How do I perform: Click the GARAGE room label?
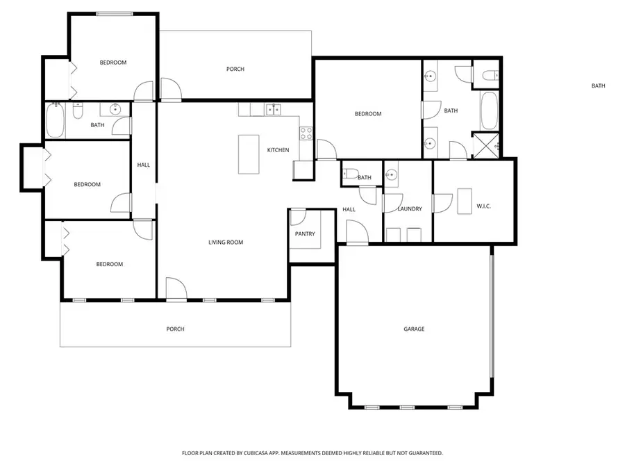[x=414, y=329]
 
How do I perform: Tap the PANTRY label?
[x=305, y=233]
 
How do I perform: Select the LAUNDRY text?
[x=409, y=208]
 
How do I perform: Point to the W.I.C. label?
[x=484, y=206]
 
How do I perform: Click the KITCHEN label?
[x=278, y=150]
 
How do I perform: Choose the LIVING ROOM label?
[x=226, y=242]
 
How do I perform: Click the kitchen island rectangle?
[x=248, y=154]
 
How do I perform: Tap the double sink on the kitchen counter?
[x=274, y=108]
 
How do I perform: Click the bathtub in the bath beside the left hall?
[x=56, y=120]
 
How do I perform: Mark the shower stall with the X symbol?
[x=486, y=145]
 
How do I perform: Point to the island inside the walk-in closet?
[x=464, y=201]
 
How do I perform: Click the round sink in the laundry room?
[x=392, y=174]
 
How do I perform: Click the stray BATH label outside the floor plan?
[x=598, y=86]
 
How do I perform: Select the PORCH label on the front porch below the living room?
[x=176, y=329]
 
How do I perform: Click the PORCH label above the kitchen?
[x=235, y=69]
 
